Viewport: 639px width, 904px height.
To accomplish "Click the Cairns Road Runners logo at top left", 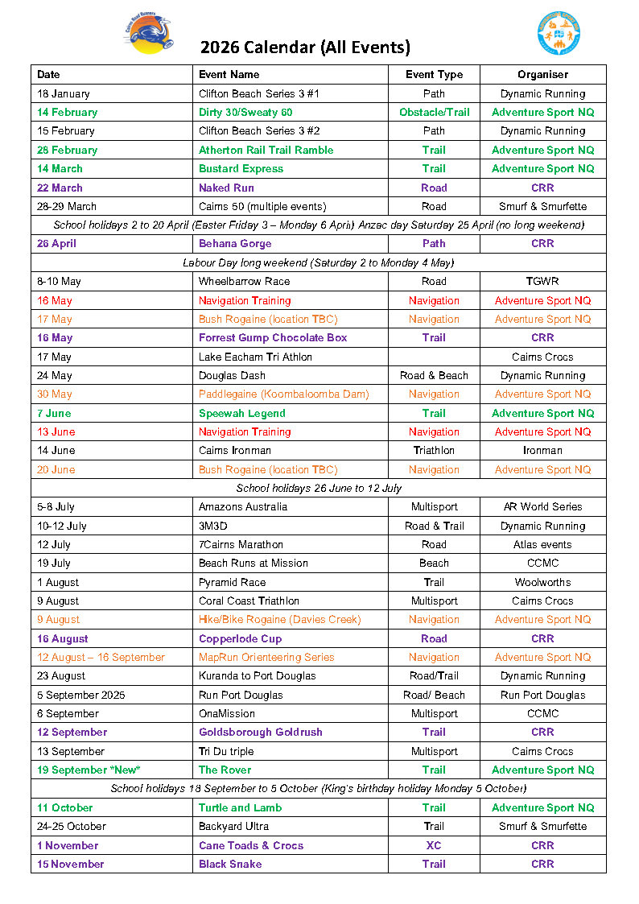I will [150, 34].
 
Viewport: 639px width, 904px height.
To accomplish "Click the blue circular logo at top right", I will [559, 33].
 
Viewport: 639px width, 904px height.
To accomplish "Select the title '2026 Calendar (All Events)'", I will [305, 47].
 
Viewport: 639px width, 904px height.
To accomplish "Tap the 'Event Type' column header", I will [434, 74].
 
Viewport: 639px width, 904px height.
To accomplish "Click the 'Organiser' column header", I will [542, 74].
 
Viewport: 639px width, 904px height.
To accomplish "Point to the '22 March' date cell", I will [60, 188].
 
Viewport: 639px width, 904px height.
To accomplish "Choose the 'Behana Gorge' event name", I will [235, 243].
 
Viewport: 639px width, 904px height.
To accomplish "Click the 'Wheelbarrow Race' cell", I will [244, 281].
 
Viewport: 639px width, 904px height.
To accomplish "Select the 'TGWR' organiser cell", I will [542, 281].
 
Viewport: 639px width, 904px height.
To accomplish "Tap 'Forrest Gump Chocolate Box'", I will [273, 337].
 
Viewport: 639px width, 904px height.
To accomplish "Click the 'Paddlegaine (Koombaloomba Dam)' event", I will [283, 394].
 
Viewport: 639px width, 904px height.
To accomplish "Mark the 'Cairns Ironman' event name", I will [235, 450].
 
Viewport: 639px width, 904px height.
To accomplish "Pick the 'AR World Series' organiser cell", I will [542, 506].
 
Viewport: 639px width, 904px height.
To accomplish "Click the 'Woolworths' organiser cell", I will [542, 582].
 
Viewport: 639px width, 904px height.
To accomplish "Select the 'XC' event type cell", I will [434, 845].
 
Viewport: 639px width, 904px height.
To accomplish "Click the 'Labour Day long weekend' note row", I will [318, 262].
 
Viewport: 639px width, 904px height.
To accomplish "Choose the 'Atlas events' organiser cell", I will [542, 544].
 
